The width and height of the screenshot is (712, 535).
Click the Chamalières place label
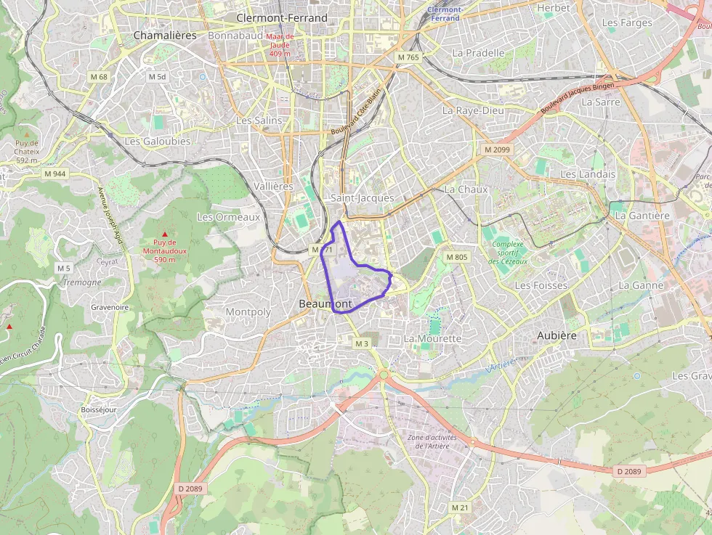(x=165, y=35)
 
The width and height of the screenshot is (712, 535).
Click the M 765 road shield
(x=408, y=57)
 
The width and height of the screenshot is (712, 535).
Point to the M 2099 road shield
(x=498, y=150)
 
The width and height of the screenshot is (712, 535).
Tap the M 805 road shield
(x=457, y=257)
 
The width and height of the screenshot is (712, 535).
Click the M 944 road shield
(x=54, y=173)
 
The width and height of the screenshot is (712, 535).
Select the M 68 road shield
(x=99, y=76)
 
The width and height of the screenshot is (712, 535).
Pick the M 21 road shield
(x=459, y=507)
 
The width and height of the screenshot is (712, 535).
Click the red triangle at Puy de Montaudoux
(x=164, y=234)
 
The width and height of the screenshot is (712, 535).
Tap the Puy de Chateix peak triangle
(x=27, y=134)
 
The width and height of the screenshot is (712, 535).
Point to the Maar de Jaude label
(x=279, y=44)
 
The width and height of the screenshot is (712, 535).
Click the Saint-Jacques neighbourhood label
(x=362, y=197)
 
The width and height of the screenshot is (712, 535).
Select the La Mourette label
(x=432, y=338)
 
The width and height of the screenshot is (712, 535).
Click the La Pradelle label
(x=478, y=53)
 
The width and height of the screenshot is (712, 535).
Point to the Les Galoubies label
(x=158, y=142)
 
